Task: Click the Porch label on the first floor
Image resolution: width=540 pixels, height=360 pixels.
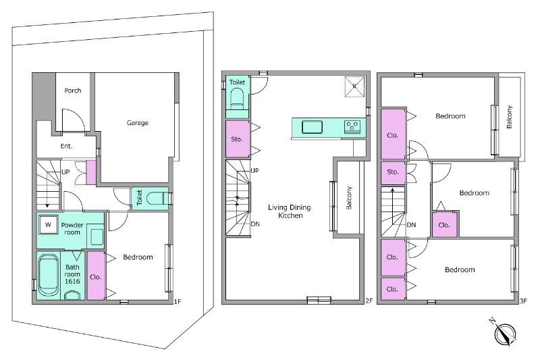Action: pos(73,91)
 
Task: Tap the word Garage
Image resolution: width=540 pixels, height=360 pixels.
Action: pos(138,123)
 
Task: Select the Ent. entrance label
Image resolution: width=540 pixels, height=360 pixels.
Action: pos(66,146)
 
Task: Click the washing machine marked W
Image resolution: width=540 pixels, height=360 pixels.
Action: pos(48,225)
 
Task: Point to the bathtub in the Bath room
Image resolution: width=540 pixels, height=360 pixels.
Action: pos(48,275)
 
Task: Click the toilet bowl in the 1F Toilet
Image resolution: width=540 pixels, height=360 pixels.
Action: pos(155,199)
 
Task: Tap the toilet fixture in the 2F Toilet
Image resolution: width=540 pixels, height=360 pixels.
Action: pos(237,99)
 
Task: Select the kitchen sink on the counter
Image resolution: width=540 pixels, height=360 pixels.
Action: pos(312,127)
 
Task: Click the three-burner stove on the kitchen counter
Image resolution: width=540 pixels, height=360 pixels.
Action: pos(352,126)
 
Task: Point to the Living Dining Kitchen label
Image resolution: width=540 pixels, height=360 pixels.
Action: pos(290,211)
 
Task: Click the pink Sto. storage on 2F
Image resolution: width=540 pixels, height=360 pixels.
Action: pos(238,138)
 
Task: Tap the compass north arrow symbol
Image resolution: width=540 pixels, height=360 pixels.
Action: pos(504,333)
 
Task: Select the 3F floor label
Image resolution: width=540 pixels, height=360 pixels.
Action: pos(523,301)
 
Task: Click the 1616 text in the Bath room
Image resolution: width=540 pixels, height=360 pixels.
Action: pos(72,281)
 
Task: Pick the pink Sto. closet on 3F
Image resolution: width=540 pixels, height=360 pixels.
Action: pos(393,173)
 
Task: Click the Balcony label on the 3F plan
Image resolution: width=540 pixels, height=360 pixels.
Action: pos(510,117)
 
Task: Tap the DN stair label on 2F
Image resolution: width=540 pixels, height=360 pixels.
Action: pos(255,224)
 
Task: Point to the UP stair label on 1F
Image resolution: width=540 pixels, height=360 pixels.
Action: pos(65,172)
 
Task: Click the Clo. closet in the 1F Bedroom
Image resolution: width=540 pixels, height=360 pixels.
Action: pos(95,276)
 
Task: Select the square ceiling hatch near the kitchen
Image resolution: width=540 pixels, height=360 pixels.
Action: pos(354,86)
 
